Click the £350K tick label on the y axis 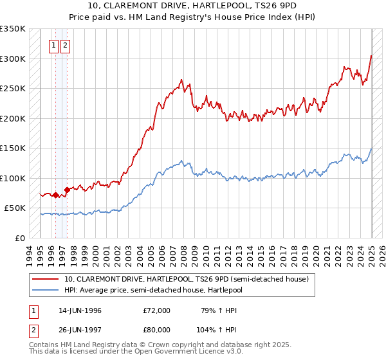(x=13, y=29)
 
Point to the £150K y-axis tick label (x=13, y=148)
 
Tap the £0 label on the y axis (x=19, y=239)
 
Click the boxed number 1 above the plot (x=55, y=46)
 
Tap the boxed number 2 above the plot (x=66, y=46)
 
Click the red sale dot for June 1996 (x=56, y=195)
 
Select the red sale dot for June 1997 (x=68, y=190)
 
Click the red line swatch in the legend (x=46, y=279)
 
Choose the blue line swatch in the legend (x=46, y=289)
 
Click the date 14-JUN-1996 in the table (x=80, y=310)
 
